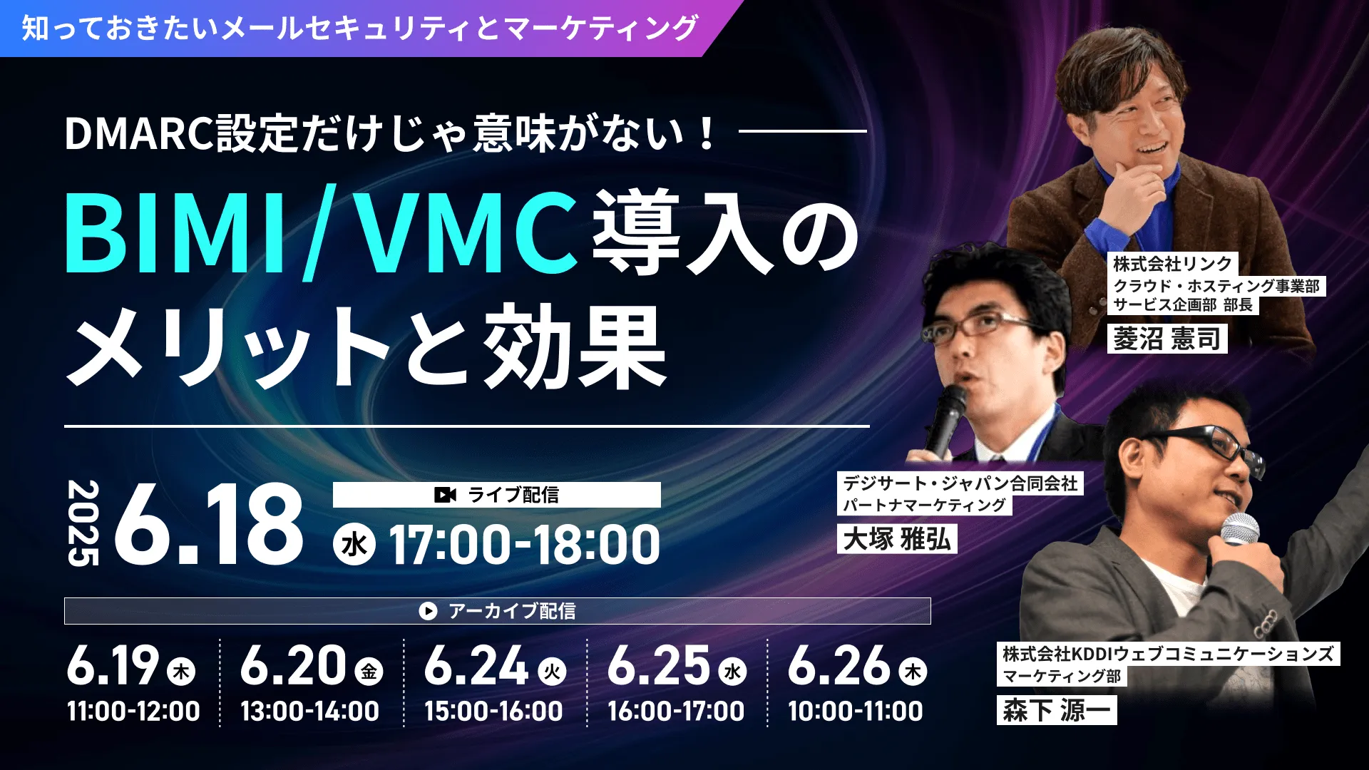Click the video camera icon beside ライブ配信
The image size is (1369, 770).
tap(445, 495)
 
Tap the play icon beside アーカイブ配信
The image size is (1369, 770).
tap(428, 611)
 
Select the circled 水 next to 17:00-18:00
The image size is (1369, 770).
tap(354, 545)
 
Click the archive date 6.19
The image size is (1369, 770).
tap(113, 665)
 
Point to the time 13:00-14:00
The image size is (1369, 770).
tap(309, 711)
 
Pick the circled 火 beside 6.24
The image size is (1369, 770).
tap(552, 672)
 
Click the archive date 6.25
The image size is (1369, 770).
tap(659, 665)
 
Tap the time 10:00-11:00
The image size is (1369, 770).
tap(856, 711)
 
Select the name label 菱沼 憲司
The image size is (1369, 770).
tap(1167, 339)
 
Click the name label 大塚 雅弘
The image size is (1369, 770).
tap(897, 538)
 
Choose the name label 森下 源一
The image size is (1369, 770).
tap(1057, 709)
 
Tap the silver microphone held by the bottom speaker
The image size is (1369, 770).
tap(1239, 530)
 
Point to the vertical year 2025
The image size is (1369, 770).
tap(83, 523)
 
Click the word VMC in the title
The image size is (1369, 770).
tap(467, 232)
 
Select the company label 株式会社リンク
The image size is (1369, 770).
tap(1173, 264)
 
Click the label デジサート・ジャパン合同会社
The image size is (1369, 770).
tap(960, 483)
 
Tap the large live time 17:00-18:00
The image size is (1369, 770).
tap(524, 545)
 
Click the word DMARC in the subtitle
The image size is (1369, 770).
tap(140, 133)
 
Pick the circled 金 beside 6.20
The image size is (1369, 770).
tap(369, 672)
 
